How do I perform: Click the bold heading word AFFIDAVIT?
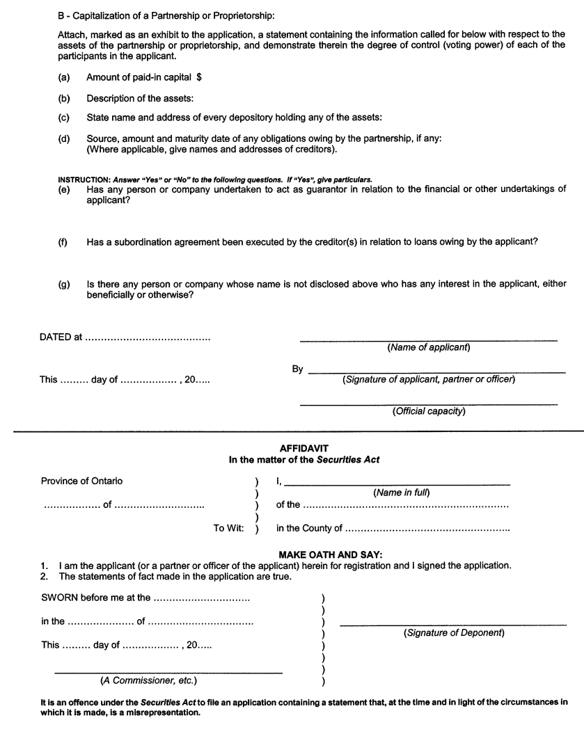(x=299, y=449)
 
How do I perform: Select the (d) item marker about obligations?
(x=63, y=138)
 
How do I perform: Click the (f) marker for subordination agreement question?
(x=63, y=241)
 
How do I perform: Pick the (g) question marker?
(x=63, y=284)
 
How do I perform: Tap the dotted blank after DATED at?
(x=147, y=337)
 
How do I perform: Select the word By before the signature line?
(x=298, y=369)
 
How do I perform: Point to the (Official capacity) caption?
(x=429, y=411)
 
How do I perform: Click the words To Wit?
(x=228, y=529)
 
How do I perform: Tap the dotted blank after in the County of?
(x=427, y=529)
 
